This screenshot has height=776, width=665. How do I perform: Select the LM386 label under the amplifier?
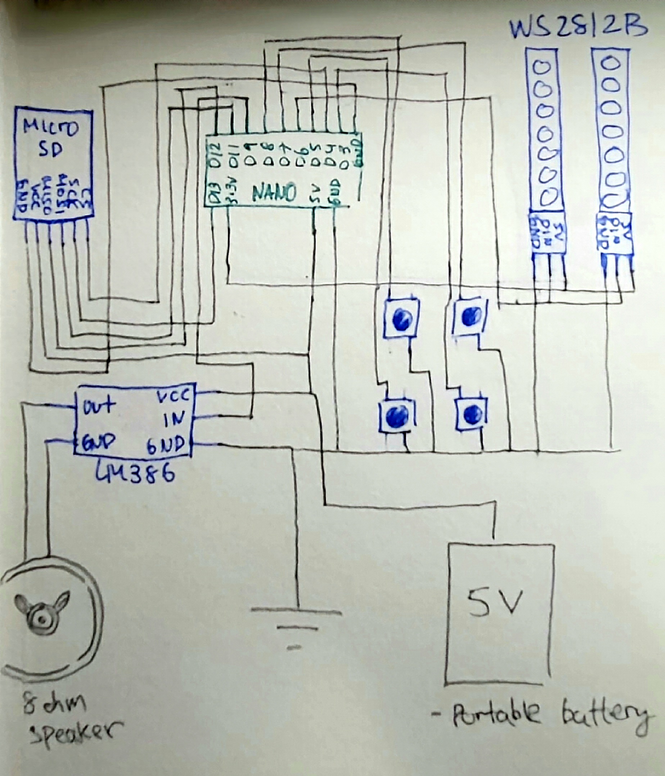click(x=135, y=473)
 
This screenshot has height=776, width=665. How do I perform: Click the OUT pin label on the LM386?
click(x=99, y=406)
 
